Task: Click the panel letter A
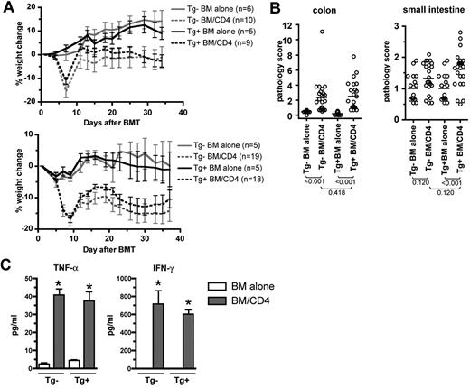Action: (x=7, y=8)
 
